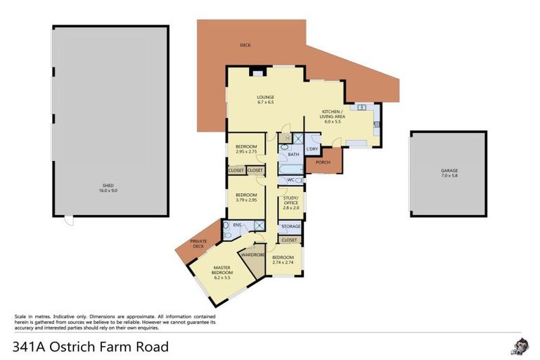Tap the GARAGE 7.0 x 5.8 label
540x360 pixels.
[x=449, y=172]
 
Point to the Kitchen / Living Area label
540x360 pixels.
[x=332, y=116]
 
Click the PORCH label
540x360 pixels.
[x=323, y=163]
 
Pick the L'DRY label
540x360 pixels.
[x=312, y=148]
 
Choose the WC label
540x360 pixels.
[x=290, y=180]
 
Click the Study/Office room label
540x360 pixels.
[x=291, y=202]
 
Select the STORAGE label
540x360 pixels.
[x=290, y=226]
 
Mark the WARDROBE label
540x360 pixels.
[x=252, y=255]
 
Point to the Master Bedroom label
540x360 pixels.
[x=222, y=273]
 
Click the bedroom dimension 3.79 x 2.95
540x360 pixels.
[x=245, y=199]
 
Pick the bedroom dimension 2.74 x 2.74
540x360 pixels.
[x=283, y=261]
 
